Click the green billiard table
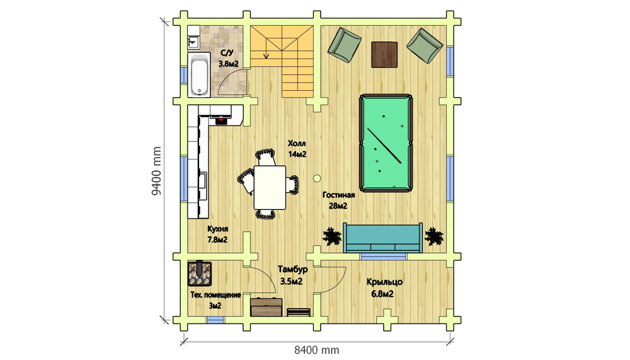point(386,143)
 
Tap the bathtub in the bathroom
point(199,75)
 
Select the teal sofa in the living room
point(382,238)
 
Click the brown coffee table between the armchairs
point(384,55)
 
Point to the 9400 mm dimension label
point(156,171)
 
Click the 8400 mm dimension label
point(317,350)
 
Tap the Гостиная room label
point(338,195)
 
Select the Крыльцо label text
point(384,282)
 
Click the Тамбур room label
point(292,269)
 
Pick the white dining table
point(270,187)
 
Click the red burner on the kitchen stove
point(220,119)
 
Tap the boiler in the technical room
point(200,274)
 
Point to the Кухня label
point(218,229)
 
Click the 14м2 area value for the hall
point(297,154)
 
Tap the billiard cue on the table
point(384,146)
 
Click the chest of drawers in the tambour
point(266,307)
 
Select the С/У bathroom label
point(227,53)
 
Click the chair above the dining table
point(266,157)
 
